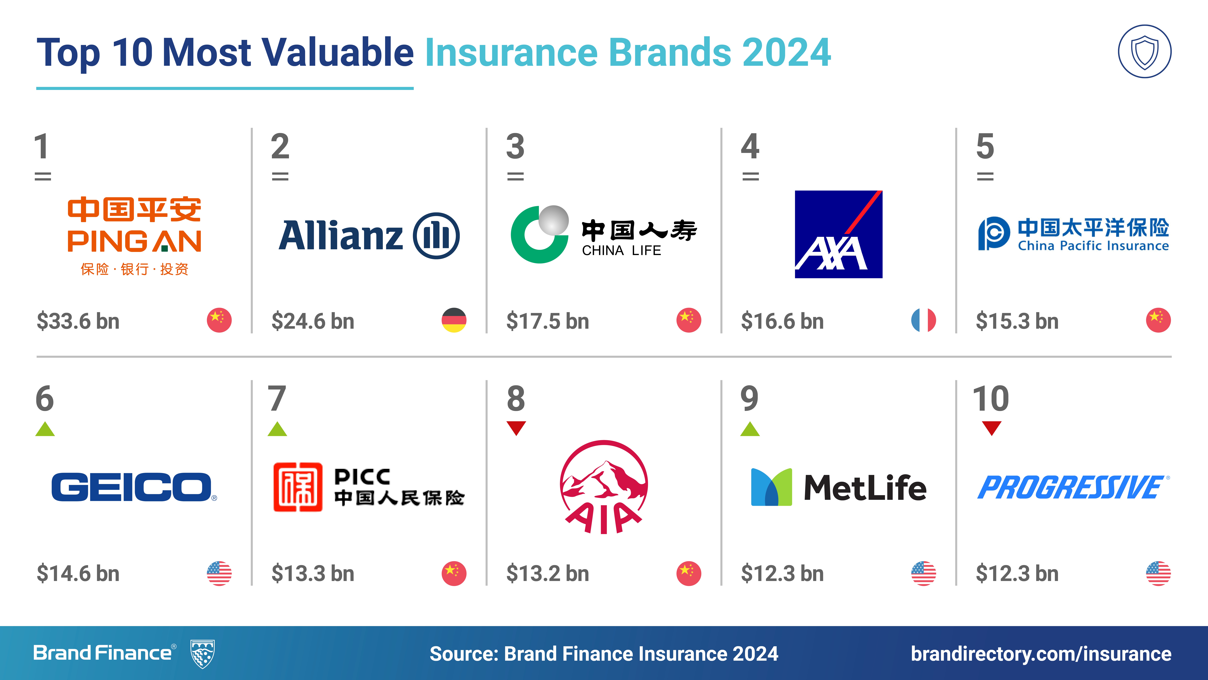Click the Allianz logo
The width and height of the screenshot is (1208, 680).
click(x=369, y=236)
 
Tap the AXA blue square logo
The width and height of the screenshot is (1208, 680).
click(x=838, y=234)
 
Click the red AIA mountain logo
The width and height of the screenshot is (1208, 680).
click(x=604, y=487)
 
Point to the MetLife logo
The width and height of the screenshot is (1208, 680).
click(x=838, y=487)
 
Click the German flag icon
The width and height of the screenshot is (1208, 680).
click(x=454, y=320)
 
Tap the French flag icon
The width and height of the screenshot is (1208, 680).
click(x=923, y=320)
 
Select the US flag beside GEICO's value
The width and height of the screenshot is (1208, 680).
click(x=219, y=573)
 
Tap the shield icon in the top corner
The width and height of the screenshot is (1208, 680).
click(x=1145, y=51)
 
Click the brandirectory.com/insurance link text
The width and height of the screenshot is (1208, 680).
click(x=1041, y=654)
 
